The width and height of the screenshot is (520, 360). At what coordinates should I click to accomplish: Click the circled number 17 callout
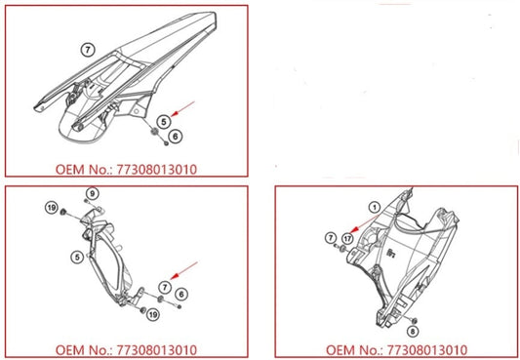[347, 239]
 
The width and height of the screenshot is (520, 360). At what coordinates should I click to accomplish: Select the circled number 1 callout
[375, 208]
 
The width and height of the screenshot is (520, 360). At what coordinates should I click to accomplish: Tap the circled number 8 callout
[413, 331]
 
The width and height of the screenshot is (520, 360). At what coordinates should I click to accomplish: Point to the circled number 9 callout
[93, 193]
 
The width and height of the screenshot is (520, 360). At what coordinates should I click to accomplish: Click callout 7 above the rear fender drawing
[88, 50]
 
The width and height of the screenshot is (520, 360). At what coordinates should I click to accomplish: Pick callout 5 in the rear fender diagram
[164, 122]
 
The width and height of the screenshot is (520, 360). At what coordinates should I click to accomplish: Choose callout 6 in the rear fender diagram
[176, 136]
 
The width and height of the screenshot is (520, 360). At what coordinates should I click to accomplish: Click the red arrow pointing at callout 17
[366, 223]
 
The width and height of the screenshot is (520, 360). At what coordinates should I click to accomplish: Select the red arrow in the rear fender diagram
[182, 108]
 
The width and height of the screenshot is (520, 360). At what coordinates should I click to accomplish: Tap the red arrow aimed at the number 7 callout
[183, 270]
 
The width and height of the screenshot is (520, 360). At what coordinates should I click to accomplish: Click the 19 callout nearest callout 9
[52, 208]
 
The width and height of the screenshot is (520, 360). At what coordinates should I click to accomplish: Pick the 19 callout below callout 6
[153, 314]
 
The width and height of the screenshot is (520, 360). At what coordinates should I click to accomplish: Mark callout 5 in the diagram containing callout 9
[77, 257]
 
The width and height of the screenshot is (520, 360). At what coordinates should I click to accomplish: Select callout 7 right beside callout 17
[331, 238]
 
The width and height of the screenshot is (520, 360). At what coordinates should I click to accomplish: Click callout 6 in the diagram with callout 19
[181, 294]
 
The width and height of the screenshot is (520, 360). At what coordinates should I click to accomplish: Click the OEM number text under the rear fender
[126, 170]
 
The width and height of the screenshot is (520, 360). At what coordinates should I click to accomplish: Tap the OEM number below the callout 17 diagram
[397, 350]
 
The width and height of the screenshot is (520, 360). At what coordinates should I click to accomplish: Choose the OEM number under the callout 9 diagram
[126, 350]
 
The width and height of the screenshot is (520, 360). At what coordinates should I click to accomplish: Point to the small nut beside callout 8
[414, 321]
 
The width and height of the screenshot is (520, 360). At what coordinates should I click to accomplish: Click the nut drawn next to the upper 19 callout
[62, 212]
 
